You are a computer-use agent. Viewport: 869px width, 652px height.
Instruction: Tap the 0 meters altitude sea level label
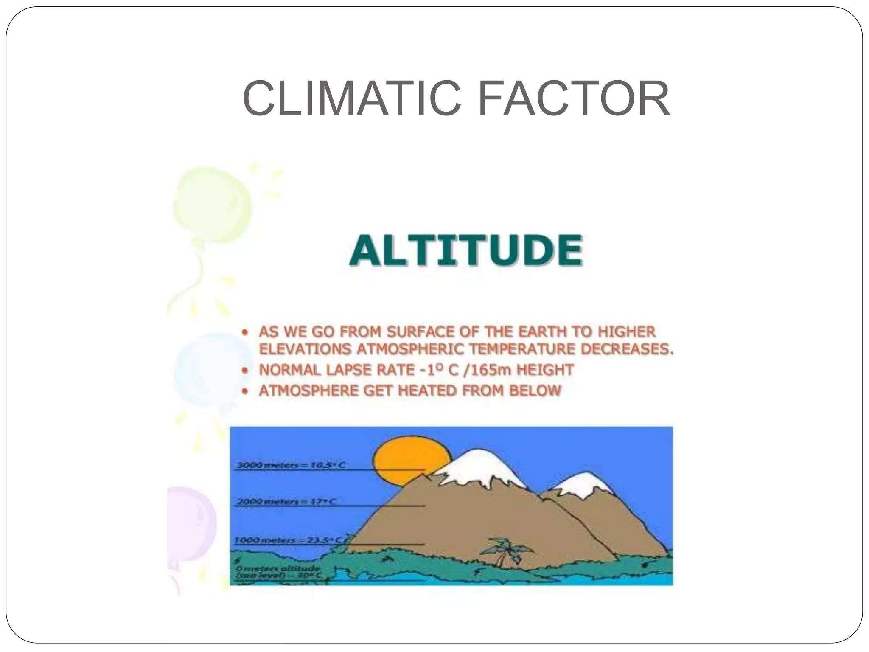tap(278, 572)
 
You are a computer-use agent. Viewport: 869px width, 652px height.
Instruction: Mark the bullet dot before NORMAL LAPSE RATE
tap(244, 370)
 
